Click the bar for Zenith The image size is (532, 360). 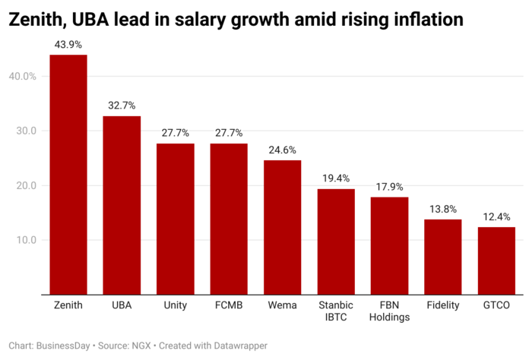(68, 175)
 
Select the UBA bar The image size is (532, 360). (122, 205)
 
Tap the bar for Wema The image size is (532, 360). (283, 227)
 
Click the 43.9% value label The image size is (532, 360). (68, 45)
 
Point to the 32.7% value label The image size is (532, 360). (122, 106)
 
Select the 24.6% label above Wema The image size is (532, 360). (283, 150)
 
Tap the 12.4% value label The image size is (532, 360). (496, 216)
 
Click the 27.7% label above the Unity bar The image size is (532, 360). (176, 133)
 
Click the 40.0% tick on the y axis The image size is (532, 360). (23, 76)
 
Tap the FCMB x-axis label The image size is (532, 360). (229, 305)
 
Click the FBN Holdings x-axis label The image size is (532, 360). (389, 311)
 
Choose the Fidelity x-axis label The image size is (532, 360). (443, 305)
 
